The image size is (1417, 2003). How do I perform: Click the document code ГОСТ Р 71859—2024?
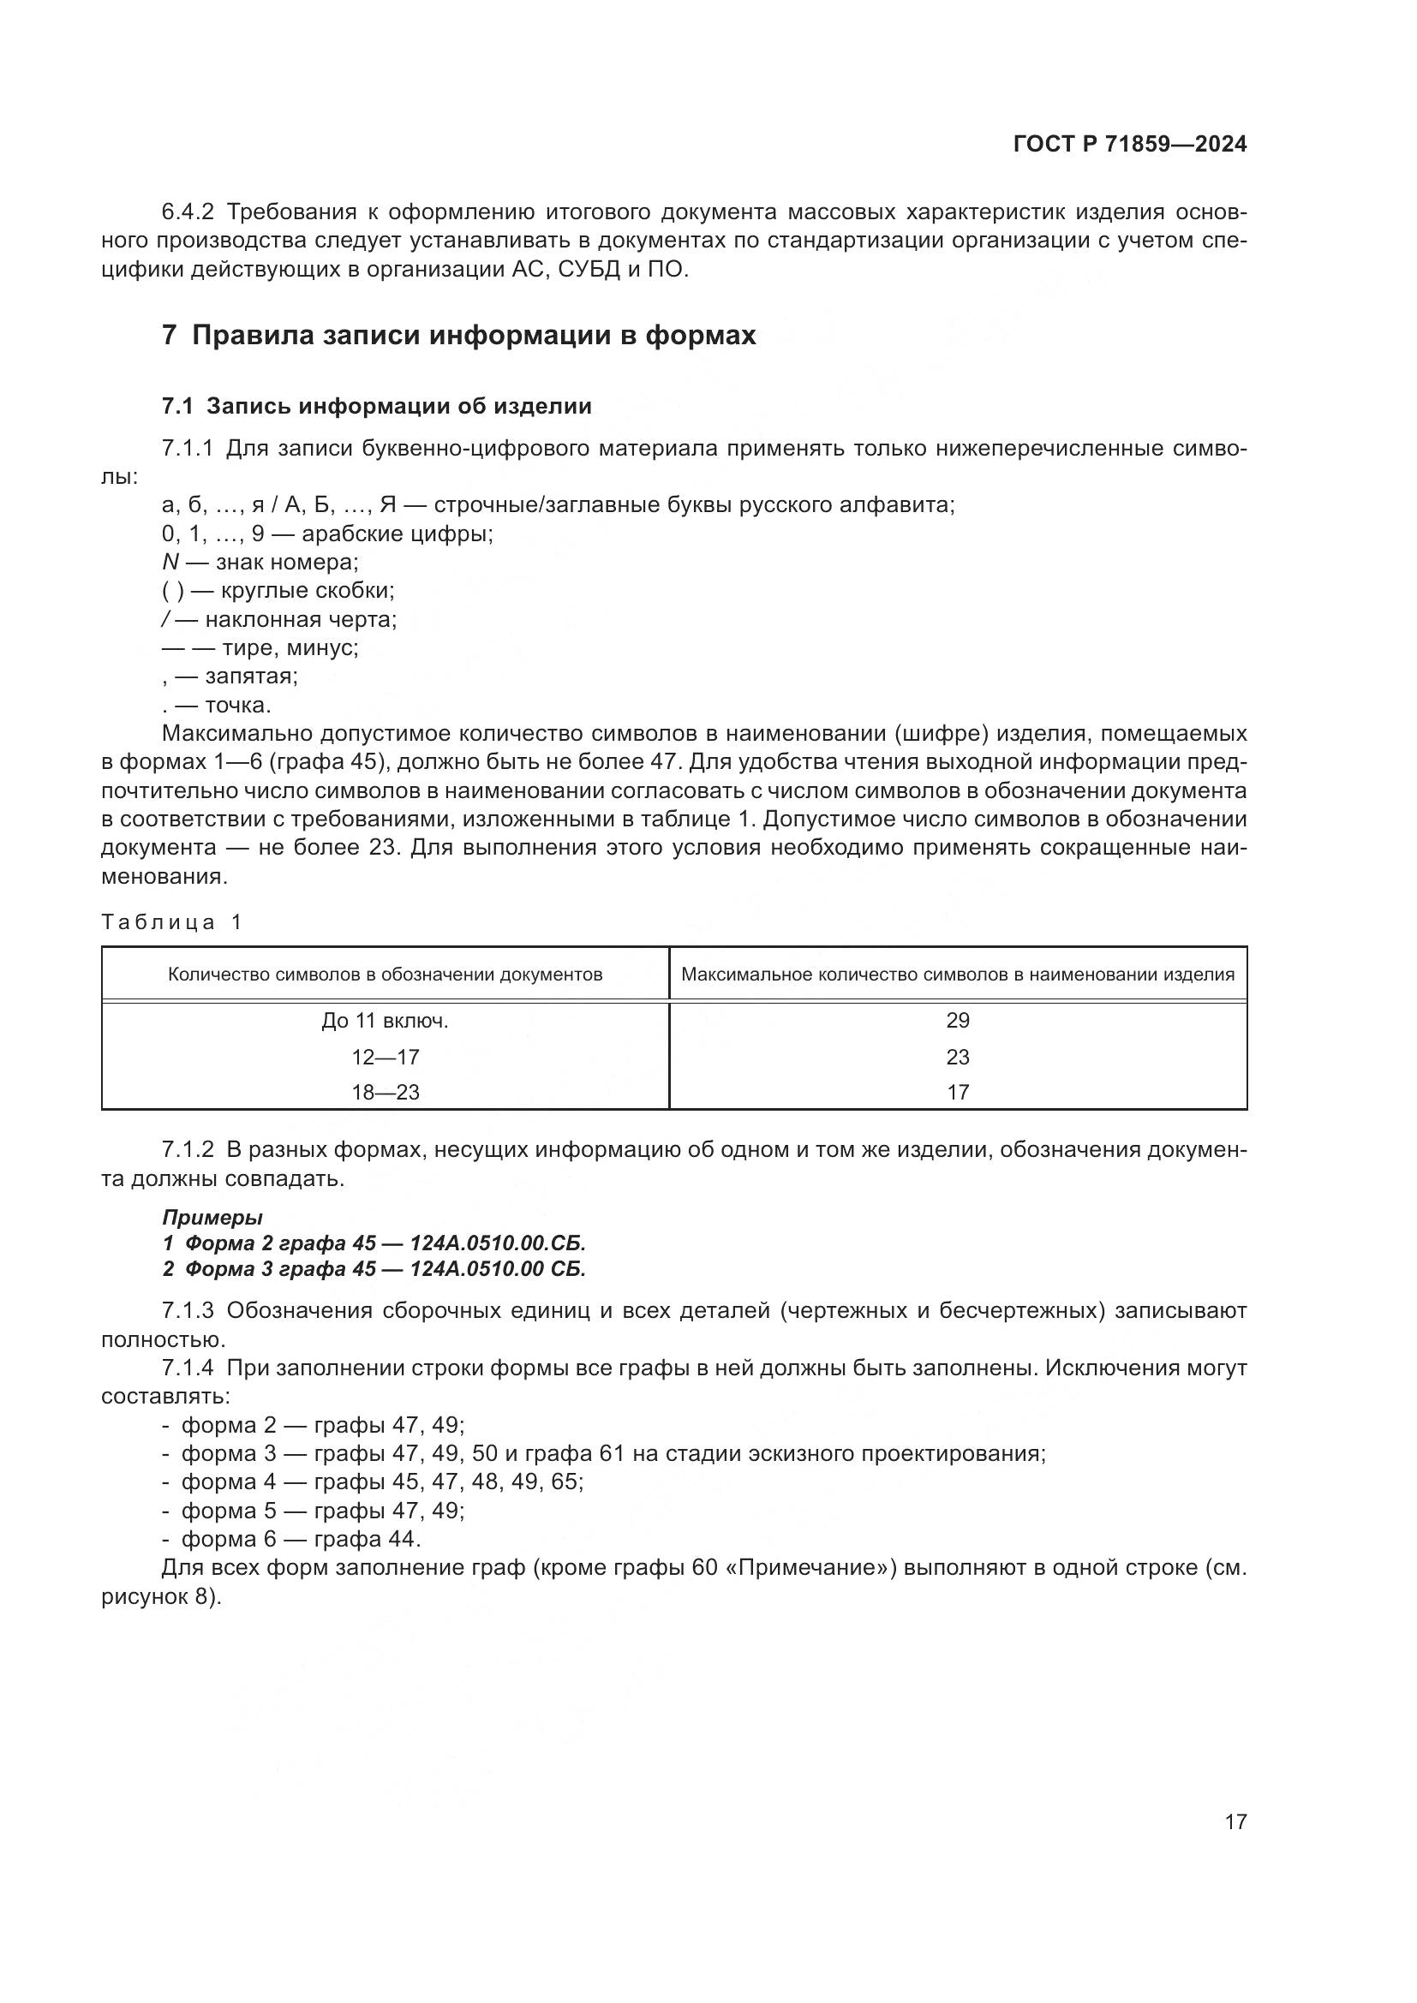1130,145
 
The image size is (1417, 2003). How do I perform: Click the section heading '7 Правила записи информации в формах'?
459,336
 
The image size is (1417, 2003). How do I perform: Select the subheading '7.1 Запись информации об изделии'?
377,406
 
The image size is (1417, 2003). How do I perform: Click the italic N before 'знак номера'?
170,563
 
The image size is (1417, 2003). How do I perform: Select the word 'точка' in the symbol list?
237,705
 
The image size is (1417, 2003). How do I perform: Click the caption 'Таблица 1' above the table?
172,922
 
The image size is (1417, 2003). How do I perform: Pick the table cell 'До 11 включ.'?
385,1021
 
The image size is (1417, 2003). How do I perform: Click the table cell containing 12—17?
385,1058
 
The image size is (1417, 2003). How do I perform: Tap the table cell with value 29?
957,1021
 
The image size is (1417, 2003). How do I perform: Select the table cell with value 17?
957,1092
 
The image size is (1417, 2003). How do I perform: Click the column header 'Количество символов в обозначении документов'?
385,975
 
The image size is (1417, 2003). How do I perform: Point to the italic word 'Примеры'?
212,1217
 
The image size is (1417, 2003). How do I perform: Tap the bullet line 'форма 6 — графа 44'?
300,1539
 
